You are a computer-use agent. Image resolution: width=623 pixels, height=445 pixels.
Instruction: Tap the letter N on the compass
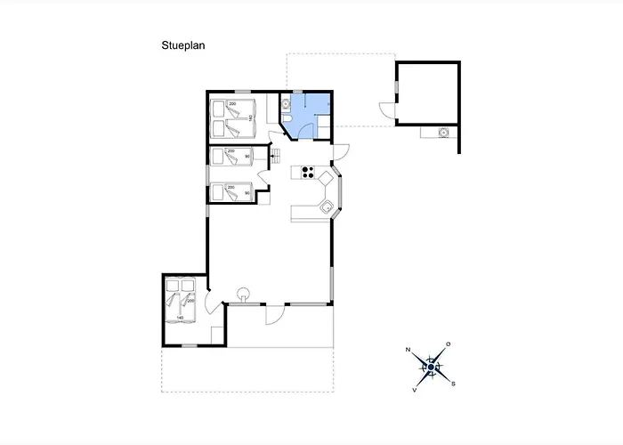408,351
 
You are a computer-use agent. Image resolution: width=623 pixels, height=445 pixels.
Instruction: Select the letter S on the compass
453,384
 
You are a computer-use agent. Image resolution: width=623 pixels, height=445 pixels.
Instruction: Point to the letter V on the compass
415,390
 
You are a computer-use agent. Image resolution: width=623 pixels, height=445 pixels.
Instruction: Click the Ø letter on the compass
448,344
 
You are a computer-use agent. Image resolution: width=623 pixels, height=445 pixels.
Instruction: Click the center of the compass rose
431,367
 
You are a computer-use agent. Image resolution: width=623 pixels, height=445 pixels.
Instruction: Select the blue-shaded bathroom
307,116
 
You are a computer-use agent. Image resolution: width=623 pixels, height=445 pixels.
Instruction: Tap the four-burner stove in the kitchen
309,172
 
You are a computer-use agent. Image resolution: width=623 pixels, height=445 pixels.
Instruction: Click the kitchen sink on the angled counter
327,208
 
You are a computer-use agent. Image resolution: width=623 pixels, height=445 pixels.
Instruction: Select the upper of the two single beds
232,158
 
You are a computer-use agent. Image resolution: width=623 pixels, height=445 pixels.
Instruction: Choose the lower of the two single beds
232,192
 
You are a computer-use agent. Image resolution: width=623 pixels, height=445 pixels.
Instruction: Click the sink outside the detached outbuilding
442,133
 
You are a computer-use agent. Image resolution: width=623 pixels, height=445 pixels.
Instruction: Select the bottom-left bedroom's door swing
209,303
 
